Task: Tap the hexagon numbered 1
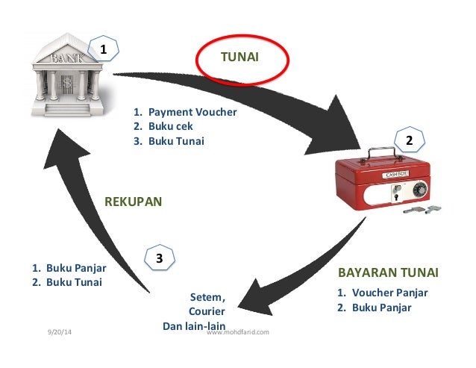(x=104, y=50)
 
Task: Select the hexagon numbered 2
(x=409, y=140)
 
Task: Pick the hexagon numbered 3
(x=159, y=258)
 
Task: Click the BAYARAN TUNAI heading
(x=388, y=272)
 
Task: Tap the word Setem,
(x=207, y=297)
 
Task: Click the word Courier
(x=207, y=311)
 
